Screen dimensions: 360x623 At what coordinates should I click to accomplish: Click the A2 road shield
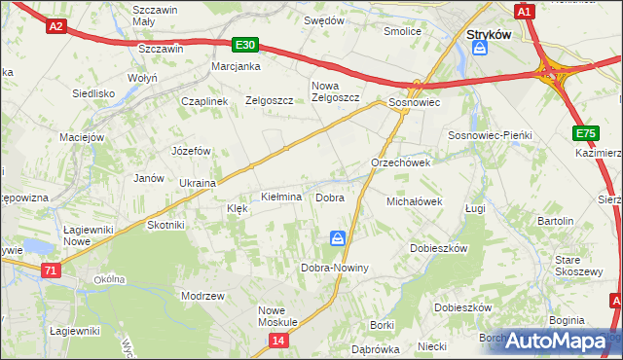point(55,27)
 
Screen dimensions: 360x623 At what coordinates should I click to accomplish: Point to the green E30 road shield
point(246,45)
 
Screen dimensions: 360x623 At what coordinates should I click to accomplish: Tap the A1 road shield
point(525,12)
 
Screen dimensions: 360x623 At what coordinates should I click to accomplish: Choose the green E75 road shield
point(586,133)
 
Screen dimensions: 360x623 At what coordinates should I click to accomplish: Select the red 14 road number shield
point(279,340)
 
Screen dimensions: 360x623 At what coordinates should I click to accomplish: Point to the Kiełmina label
point(281,198)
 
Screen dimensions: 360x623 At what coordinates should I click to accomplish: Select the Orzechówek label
point(400,162)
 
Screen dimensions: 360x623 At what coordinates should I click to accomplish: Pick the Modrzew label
point(203,295)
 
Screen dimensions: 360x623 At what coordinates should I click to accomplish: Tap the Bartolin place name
point(555,221)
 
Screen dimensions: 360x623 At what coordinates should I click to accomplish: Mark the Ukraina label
point(198,182)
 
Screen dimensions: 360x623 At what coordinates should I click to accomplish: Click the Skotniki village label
point(165,225)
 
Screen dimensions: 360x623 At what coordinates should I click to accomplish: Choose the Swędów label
point(324,19)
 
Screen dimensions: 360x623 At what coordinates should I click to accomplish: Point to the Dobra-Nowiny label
point(334,268)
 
